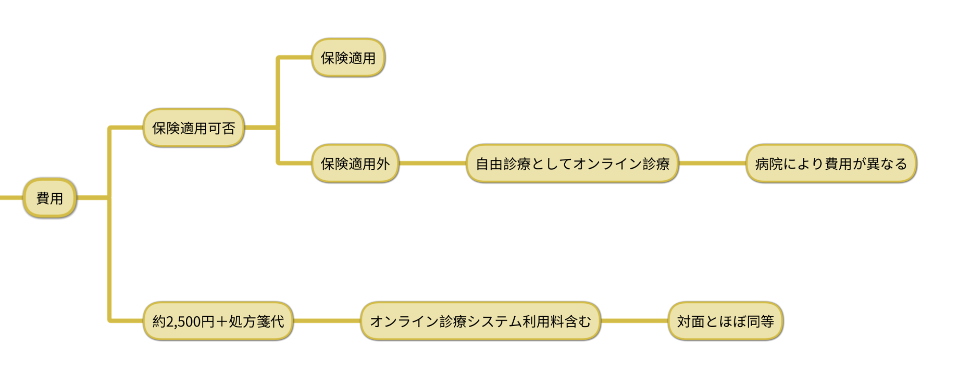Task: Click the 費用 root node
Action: click(x=50, y=198)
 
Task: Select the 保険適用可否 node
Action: click(x=193, y=128)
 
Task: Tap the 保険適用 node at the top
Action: click(x=348, y=58)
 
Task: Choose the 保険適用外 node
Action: click(x=355, y=164)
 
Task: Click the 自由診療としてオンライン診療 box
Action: click(x=572, y=164)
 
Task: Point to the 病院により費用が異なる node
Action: click(x=831, y=164)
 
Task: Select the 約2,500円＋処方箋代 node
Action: click(x=218, y=321)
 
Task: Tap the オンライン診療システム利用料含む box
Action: click(x=480, y=321)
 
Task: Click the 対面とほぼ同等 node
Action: click(x=725, y=321)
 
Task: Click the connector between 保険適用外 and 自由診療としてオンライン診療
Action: click(x=432, y=163)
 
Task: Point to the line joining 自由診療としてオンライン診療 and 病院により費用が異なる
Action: click(x=712, y=163)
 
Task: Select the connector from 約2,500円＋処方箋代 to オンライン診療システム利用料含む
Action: click(x=326, y=321)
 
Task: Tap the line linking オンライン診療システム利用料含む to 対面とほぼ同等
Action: click(x=634, y=321)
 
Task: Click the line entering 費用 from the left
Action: click(x=10, y=198)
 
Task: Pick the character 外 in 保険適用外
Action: click(x=383, y=164)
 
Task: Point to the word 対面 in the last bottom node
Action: click(x=691, y=321)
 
